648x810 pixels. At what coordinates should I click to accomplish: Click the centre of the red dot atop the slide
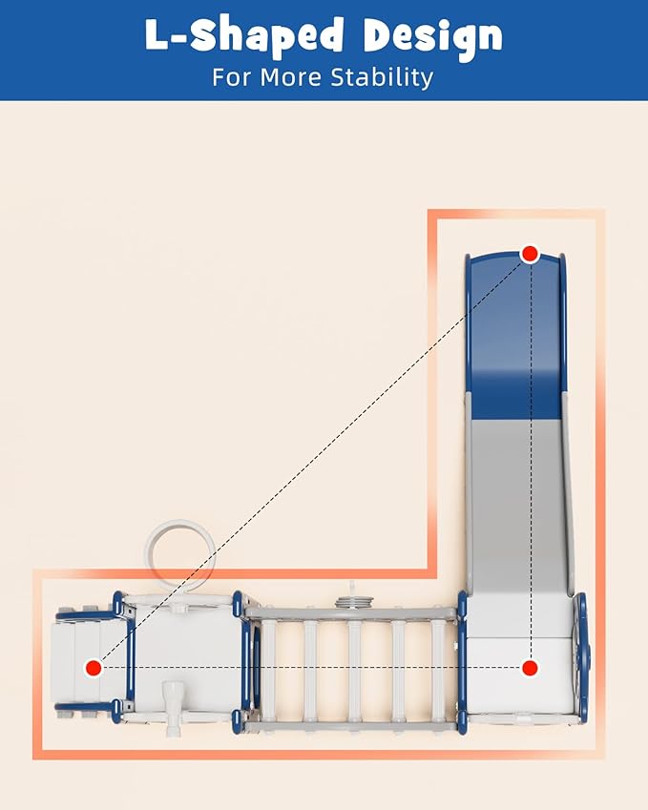pyautogui.click(x=530, y=254)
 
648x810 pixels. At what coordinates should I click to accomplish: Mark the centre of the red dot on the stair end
pyautogui.click(x=94, y=668)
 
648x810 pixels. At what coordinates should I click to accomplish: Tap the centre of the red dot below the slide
pyautogui.click(x=530, y=668)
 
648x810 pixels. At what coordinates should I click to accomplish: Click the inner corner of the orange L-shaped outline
pyautogui.click(x=432, y=574)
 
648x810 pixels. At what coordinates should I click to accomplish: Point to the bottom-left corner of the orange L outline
pyautogui.click(x=37, y=755)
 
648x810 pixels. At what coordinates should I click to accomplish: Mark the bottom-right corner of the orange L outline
pyautogui.click(x=600, y=755)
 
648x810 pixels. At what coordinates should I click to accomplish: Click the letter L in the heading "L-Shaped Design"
pyautogui.click(x=157, y=34)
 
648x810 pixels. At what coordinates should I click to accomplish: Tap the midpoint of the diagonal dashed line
pyautogui.click(x=312, y=461)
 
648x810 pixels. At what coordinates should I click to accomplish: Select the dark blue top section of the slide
pyautogui.click(x=515, y=337)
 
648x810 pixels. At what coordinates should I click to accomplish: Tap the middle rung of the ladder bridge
pyautogui.click(x=354, y=671)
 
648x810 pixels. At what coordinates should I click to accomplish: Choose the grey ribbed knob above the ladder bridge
pyautogui.click(x=354, y=601)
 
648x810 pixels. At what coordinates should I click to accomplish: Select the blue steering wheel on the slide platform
pyautogui.click(x=582, y=657)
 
